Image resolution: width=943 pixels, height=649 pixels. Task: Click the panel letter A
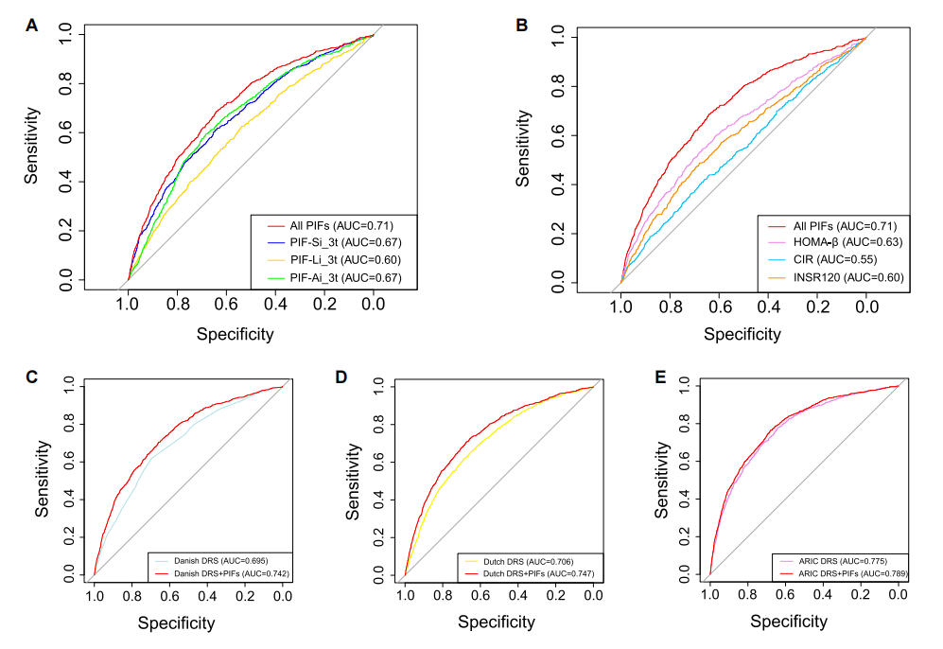(x=31, y=26)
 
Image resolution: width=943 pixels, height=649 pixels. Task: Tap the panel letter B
(x=520, y=26)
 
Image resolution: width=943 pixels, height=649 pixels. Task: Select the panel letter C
(x=31, y=377)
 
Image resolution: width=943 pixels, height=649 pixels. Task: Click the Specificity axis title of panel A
(x=236, y=333)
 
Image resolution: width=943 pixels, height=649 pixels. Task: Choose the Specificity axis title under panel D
(x=497, y=622)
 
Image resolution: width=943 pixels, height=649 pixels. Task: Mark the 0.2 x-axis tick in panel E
(x=860, y=595)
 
